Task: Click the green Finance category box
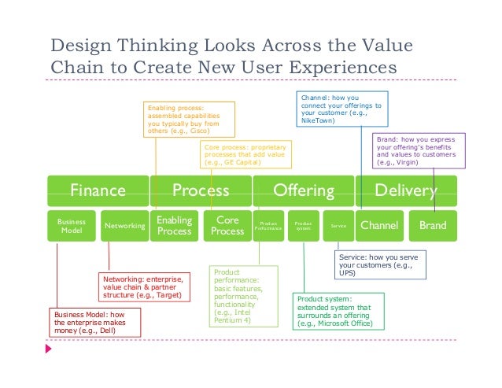coord(98,190)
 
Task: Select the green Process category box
coord(201,190)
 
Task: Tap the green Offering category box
coord(303,190)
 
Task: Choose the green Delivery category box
coord(405,190)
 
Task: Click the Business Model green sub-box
coord(72,226)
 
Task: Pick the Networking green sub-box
coord(124,226)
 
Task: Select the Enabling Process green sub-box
coord(175,226)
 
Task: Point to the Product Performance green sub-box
coord(268,226)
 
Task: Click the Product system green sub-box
coord(304,226)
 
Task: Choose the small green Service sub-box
coord(338,226)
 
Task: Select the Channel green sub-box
coord(379,226)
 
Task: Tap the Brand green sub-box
coord(433,226)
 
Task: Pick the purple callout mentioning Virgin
coord(418,147)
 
